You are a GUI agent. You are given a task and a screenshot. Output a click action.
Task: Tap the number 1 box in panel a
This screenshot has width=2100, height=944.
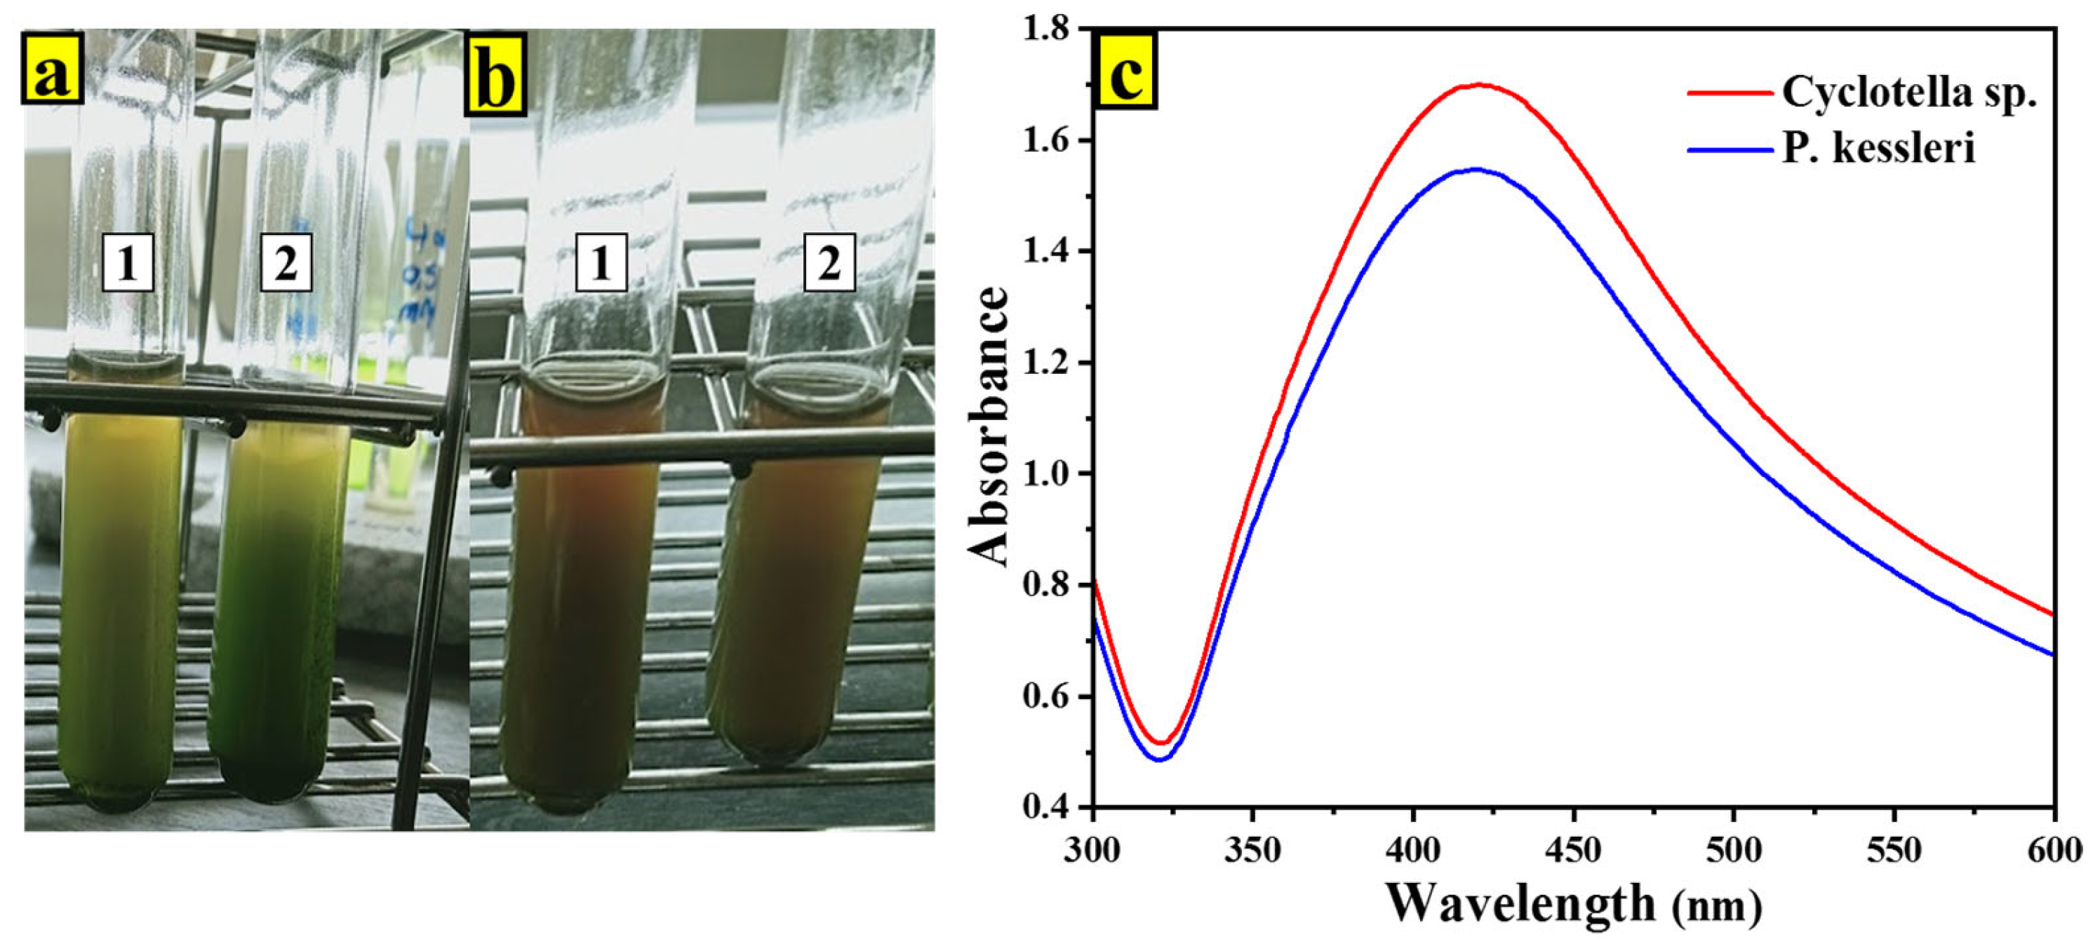tap(128, 263)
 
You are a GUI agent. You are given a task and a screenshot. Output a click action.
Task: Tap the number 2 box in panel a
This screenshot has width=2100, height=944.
tap(286, 263)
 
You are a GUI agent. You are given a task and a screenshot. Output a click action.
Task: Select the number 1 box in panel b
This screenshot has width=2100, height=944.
tap(601, 262)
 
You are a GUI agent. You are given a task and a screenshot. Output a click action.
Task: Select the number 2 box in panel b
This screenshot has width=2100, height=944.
tap(829, 262)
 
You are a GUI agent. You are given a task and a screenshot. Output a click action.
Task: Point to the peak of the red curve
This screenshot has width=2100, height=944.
tap(1478, 85)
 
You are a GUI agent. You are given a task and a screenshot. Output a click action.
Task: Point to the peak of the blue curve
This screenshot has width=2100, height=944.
tap(1476, 170)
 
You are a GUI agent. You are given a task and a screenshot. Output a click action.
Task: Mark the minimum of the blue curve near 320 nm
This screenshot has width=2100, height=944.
tap(1159, 760)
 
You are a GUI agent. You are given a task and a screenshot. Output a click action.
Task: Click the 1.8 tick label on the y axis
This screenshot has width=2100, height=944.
tap(1045, 30)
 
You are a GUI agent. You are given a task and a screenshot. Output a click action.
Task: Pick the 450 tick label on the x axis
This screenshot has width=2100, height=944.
tap(1572, 850)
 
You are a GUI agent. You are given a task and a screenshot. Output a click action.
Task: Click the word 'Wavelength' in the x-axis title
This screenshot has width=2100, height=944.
tap(1520, 903)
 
